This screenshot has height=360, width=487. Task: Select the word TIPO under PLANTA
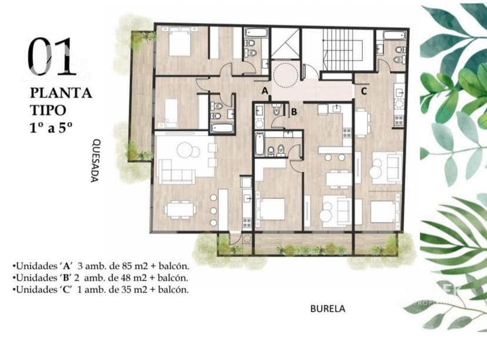(49, 109)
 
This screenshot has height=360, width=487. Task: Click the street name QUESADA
(95, 161)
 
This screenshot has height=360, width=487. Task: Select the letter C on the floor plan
(364, 91)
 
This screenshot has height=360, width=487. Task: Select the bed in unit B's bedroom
(272, 209)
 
